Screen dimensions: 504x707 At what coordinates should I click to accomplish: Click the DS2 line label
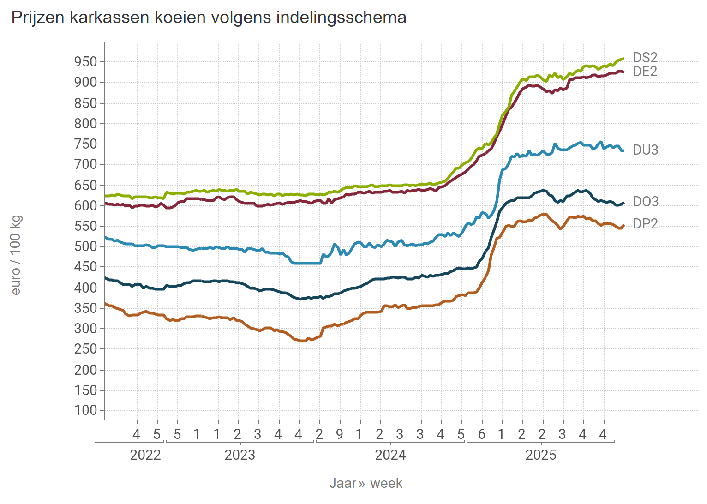click(645, 58)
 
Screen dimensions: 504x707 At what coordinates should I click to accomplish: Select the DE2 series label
click(645, 72)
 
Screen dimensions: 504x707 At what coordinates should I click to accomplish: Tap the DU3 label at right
click(645, 150)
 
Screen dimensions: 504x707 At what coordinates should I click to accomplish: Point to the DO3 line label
click(645, 202)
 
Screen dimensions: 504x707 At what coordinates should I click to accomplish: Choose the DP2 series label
click(645, 224)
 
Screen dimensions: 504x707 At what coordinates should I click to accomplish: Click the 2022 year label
click(145, 455)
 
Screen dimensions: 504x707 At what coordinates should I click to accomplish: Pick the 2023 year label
click(240, 455)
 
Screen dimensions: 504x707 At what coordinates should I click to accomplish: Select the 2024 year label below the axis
click(390, 455)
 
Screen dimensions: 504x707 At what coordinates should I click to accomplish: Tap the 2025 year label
click(541, 455)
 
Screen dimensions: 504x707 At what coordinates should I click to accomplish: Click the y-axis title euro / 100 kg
click(16, 255)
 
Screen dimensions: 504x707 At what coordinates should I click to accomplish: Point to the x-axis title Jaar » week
click(366, 483)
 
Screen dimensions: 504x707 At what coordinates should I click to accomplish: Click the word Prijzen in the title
click(38, 18)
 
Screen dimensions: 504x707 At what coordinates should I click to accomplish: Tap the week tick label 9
click(340, 434)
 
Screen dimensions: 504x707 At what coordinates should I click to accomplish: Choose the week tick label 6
click(482, 434)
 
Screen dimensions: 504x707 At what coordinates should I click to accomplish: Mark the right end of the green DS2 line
click(623, 59)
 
